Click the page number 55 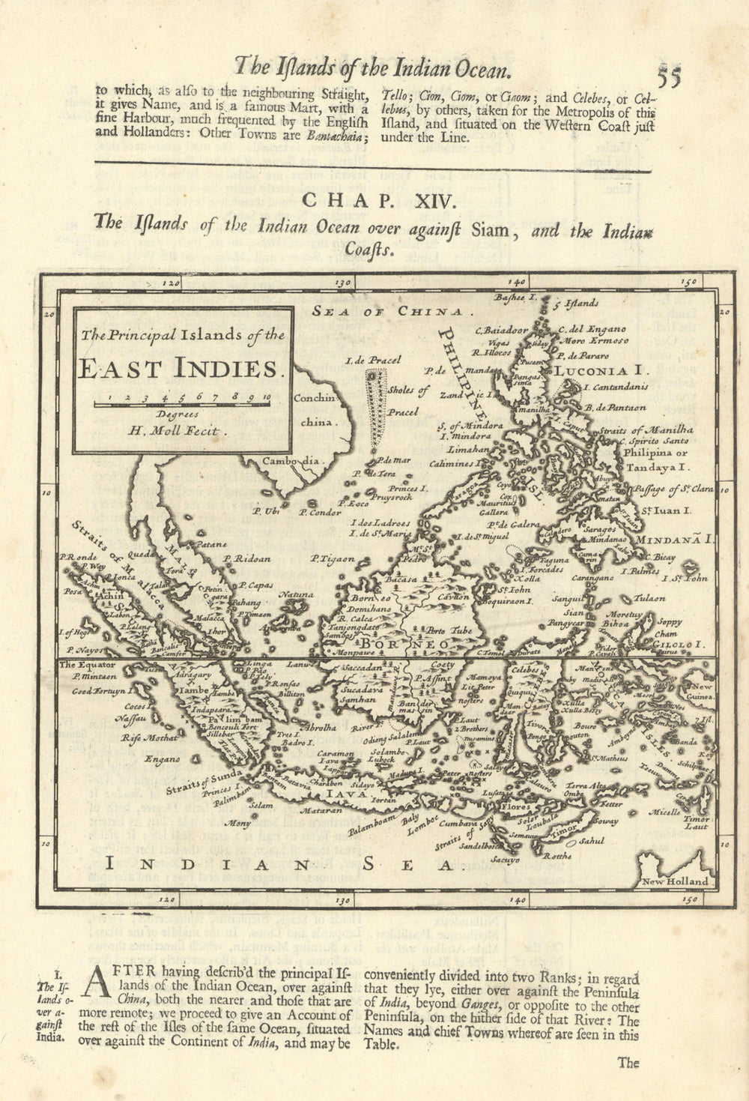click(x=671, y=76)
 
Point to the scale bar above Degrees click(x=178, y=404)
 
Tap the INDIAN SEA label click(x=282, y=864)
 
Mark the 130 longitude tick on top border click(x=343, y=283)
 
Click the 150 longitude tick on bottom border click(x=689, y=899)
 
